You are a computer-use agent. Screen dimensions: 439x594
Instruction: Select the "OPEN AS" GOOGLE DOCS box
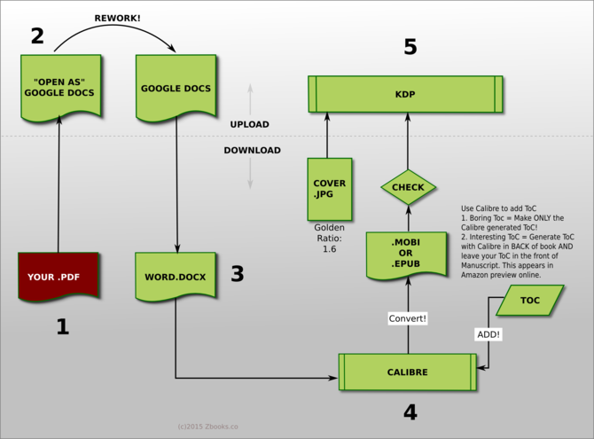point(59,86)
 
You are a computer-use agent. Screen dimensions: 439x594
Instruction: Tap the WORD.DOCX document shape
point(175,276)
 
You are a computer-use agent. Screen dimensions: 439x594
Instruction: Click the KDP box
point(405,93)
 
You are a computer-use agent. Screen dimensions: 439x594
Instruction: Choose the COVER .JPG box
point(329,189)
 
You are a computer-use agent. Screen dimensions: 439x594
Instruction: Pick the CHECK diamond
point(408,187)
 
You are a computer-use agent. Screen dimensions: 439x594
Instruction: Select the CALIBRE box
point(408,372)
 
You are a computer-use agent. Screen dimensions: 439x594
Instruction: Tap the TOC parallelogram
point(529,301)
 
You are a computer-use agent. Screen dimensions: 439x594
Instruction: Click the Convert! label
point(408,317)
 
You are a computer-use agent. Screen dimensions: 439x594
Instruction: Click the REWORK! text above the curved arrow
point(117,18)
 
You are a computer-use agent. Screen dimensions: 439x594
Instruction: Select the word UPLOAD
point(249,124)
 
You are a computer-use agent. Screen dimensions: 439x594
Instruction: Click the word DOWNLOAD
point(252,150)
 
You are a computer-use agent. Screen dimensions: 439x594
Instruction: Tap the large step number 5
point(410,47)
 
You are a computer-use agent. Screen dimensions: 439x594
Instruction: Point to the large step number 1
point(62,326)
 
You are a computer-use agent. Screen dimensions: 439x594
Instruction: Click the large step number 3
point(237,274)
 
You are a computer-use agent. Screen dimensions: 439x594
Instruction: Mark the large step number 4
point(410,412)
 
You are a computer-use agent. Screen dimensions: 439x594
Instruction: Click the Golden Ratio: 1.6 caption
point(329,239)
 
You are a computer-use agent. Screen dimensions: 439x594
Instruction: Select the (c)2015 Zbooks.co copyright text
point(207,426)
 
